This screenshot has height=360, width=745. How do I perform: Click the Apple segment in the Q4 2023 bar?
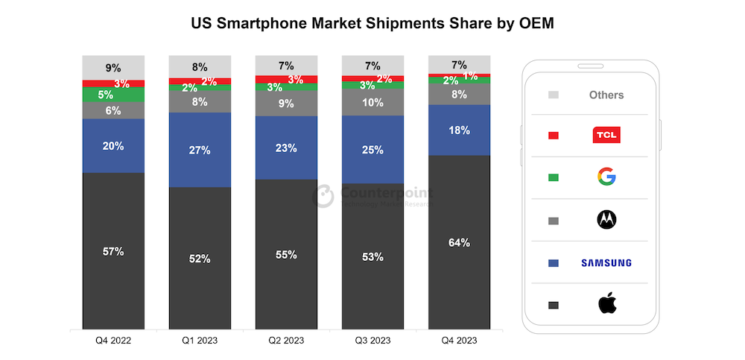point(459,241)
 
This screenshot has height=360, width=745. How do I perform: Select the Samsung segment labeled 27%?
point(200,150)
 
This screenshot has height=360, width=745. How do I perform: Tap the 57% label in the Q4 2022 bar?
point(113,251)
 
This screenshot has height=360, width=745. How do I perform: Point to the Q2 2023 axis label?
point(286,341)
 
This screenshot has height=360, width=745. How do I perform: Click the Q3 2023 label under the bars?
point(372,341)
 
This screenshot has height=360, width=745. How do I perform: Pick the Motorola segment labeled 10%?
point(372,102)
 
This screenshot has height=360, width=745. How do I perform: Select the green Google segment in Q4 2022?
point(113,95)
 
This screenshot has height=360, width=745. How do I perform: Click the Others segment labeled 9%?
point(113,67)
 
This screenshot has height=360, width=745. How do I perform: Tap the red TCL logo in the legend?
point(606,135)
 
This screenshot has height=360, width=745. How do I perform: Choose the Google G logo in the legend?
point(606,177)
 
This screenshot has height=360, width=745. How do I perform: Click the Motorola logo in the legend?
point(606,220)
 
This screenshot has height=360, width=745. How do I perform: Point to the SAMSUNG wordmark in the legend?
point(606,262)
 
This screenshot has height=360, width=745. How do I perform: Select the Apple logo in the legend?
point(606,304)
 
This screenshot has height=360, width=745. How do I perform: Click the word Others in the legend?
point(606,95)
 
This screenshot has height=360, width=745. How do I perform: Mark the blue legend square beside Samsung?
point(553,262)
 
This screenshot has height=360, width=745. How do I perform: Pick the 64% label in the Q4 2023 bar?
point(459,242)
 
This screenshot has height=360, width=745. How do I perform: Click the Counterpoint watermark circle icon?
point(323,196)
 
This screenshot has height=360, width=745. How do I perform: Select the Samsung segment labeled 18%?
point(459,130)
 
